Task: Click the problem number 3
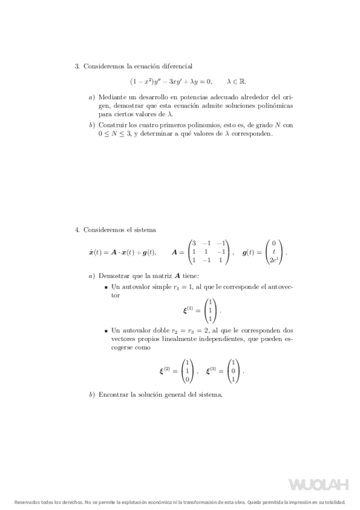click(77, 66)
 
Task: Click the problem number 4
click(77, 230)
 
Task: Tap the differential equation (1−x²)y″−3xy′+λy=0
click(171, 81)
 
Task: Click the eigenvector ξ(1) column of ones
click(209, 310)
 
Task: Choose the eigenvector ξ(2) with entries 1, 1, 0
click(188, 371)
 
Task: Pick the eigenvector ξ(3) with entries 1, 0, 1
click(233, 371)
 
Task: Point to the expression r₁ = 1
click(180, 287)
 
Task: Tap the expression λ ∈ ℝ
click(236, 81)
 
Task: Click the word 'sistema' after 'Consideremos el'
click(144, 230)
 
